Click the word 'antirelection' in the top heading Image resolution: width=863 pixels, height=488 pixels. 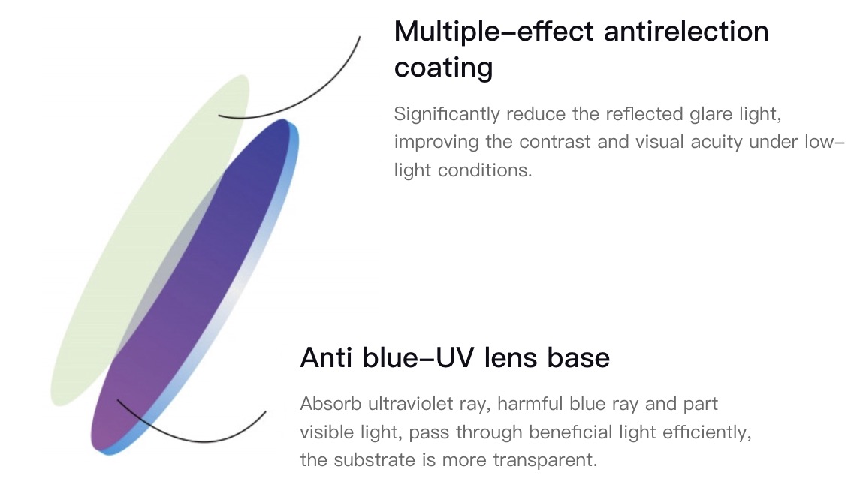coord(686,31)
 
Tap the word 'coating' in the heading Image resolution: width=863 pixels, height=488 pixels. coord(444,68)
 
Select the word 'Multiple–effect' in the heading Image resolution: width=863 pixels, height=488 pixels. coord(494,31)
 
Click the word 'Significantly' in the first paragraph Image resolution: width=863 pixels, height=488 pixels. coord(447,114)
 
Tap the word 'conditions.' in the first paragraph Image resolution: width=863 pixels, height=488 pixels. coord(485,170)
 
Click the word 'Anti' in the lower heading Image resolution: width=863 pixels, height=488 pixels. coord(327,357)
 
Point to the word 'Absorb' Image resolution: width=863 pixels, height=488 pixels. coord(330,404)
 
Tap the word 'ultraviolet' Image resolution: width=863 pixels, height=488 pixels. coord(427,404)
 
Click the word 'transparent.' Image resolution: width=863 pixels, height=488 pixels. coord(545,460)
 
